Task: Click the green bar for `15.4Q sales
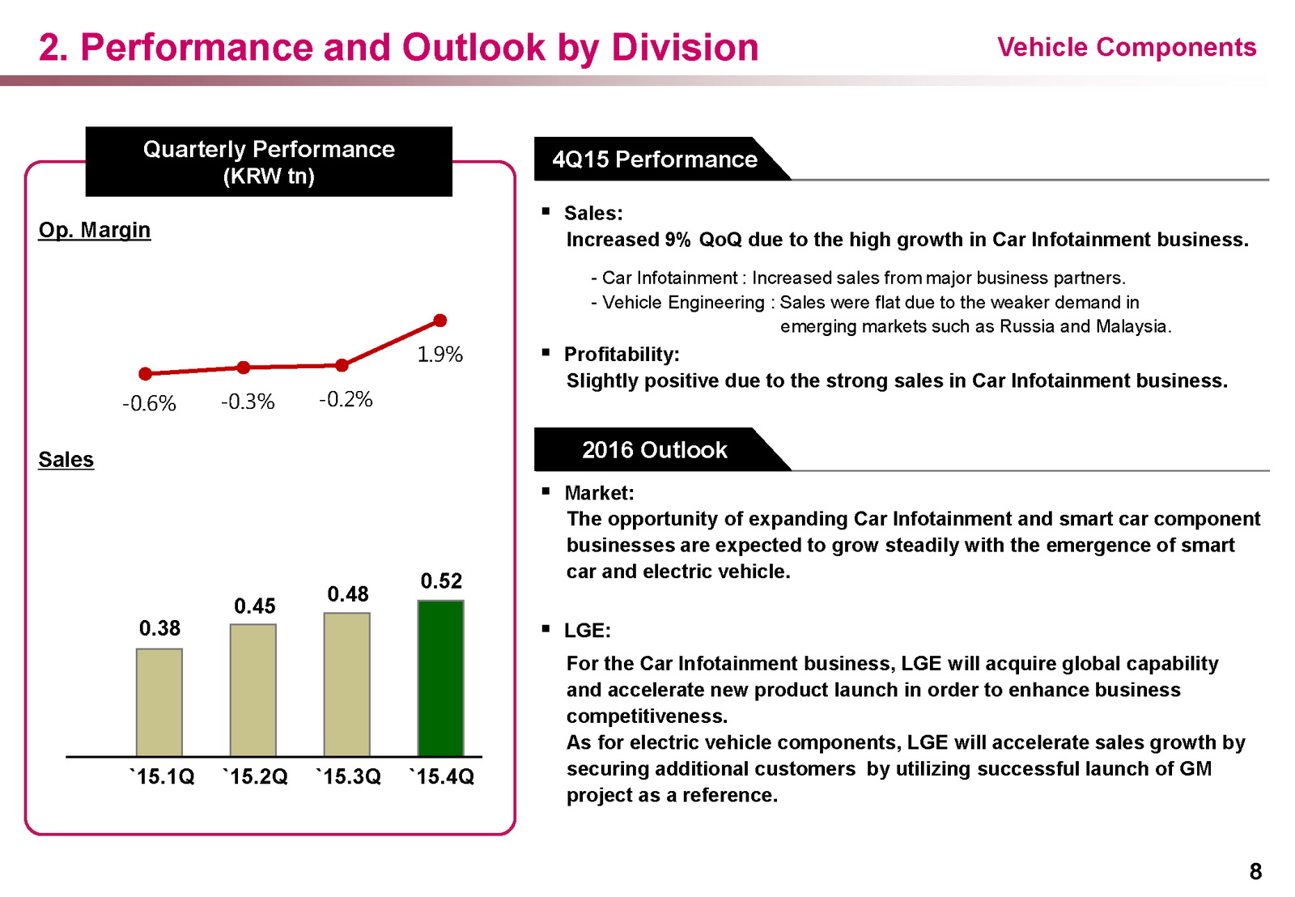tap(440, 678)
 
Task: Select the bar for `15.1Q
tap(159, 702)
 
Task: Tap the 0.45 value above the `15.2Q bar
tap(255, 606)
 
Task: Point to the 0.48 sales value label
tap(348, 594)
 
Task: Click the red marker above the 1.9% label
tap(440, 321)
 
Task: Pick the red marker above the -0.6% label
tap(146, 373)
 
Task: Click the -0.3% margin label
tap(248, 402)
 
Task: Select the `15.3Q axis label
tap(348, 776)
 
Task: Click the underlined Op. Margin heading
tap(95, 230)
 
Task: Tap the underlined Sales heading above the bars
tap(66, 460)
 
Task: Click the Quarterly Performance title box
tap(269, 162)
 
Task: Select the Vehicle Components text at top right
tap(1127, 47)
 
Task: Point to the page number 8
tap(1255, 871)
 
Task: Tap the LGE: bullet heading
tap(588, 630)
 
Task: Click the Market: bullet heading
tap(599, 492)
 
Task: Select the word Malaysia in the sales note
tap(1132, 326)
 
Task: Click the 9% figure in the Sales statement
tap(677, 240)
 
